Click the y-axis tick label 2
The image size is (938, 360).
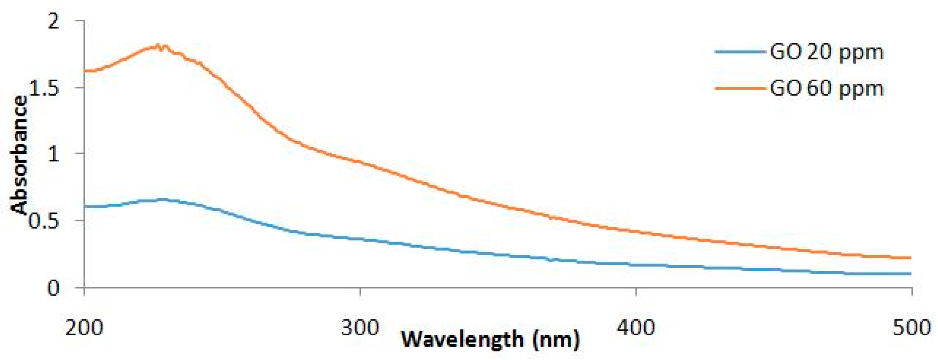54,21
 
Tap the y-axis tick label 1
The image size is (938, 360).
54,155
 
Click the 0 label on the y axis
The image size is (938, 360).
53,288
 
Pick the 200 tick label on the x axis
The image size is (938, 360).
84,328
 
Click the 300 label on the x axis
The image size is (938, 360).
360,328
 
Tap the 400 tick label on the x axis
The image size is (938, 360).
636,328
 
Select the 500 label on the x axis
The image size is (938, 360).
912,328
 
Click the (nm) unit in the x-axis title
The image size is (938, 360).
556,339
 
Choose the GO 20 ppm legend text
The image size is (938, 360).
827,52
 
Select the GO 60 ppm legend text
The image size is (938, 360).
827,89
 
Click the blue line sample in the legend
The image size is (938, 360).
740,52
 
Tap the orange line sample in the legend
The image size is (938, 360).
740,88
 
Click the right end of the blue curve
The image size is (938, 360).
911,274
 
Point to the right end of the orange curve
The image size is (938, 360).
911,258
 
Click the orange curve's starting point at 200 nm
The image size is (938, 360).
86,71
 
